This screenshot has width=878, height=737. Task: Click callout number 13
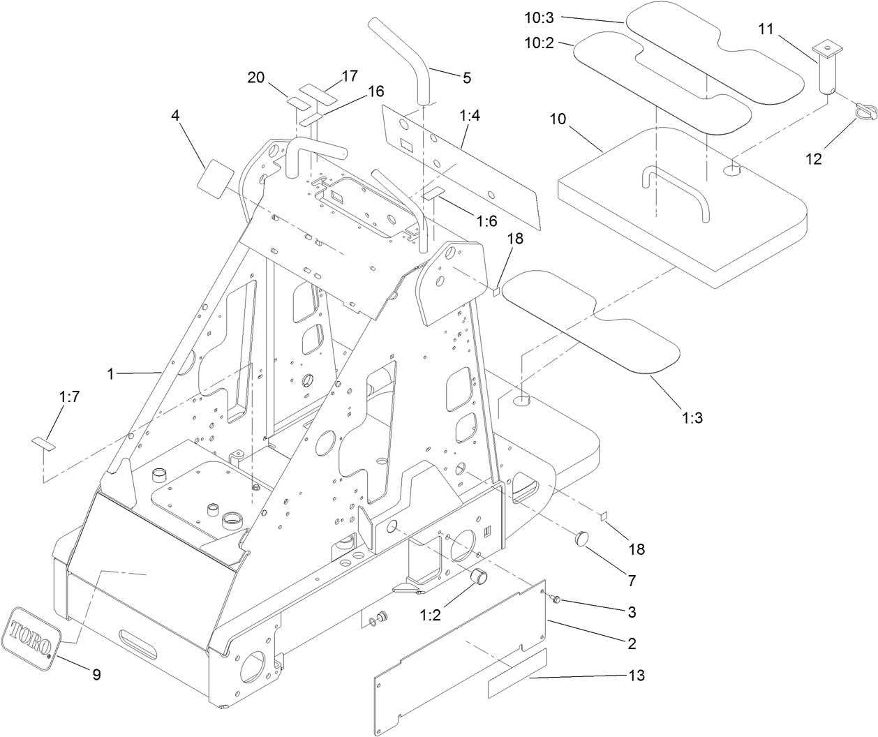pos(636,675)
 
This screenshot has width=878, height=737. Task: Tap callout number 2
pos(632,643)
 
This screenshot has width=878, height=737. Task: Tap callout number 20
pos(256,77)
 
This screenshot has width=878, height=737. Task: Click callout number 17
pos(349,75)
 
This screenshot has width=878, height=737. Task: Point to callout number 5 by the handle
pos(466,77)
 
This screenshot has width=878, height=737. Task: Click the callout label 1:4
pos(470,116)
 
